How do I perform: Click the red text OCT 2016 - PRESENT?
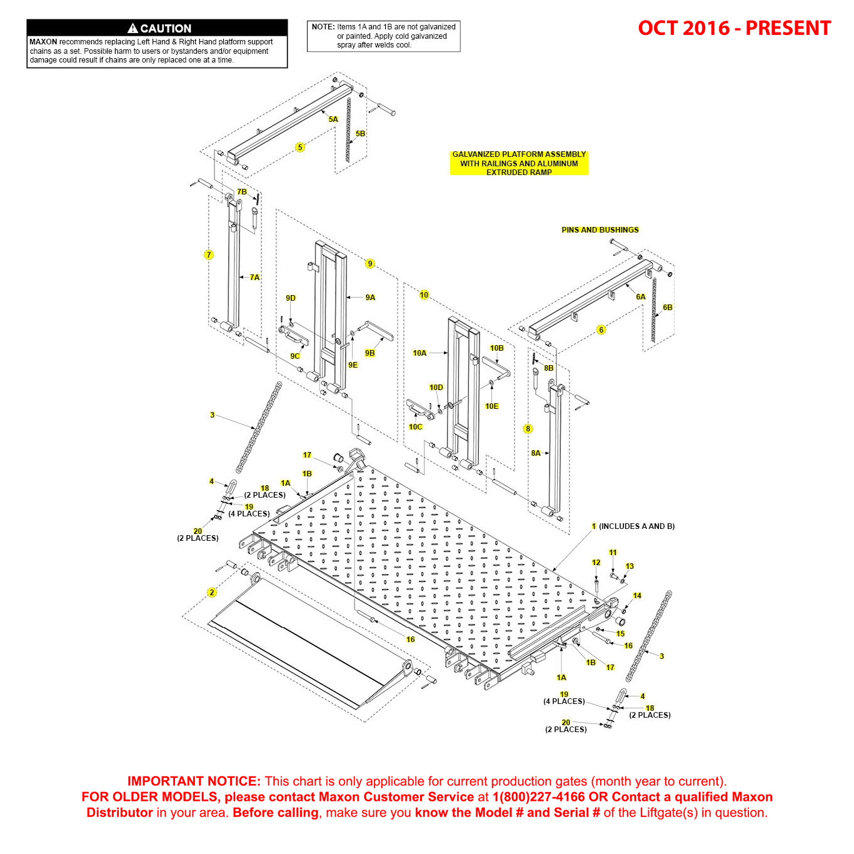click(x=734, y=28)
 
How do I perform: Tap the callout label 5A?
click(x=333, y=119)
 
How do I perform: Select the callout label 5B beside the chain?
click(x=360, y=134)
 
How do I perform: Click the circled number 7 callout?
click(x=209, y=255)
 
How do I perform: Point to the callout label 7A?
click(x=254, y=278)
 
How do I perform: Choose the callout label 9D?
click(x=291, y=298)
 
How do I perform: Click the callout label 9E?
click(x=353, y=365)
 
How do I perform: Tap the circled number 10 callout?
click(x=424, y=295)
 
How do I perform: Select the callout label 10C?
click(x=416, y=427)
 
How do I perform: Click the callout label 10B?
click(x=496, y=348)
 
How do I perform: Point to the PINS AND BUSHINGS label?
click(x=600, y=230)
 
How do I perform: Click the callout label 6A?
click(x=641, y=297)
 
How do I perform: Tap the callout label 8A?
click(x=536, y=453)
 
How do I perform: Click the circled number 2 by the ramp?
click(x=212, y=593)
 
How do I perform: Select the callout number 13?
click(x=630, y=566)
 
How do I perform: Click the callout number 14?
click(x=637, y=596)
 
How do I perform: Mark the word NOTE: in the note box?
click(x=323, y=27)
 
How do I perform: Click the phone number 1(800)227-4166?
click(x=538, y=797)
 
